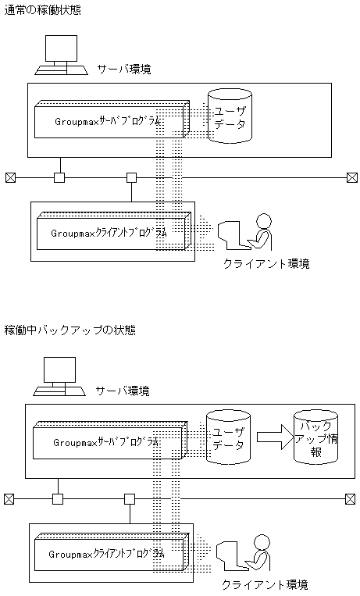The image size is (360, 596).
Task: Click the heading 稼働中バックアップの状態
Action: click(x=70, y=330)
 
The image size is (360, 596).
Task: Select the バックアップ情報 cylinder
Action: click(x=315, y=438)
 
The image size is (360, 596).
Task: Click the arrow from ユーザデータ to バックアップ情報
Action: click(x=273, y=437)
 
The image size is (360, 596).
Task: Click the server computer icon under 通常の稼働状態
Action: click(x=60, y=55)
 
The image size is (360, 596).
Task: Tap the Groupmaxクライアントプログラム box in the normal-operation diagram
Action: click(x=111, y=233)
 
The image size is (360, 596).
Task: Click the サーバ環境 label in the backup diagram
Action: click(x=123, y=390)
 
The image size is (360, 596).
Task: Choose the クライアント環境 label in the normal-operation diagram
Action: click(x=266, y=264)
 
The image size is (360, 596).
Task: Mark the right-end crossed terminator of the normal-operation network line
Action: click(x=351, y=177)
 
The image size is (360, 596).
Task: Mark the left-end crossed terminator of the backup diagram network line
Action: click(x=9, y=498)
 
